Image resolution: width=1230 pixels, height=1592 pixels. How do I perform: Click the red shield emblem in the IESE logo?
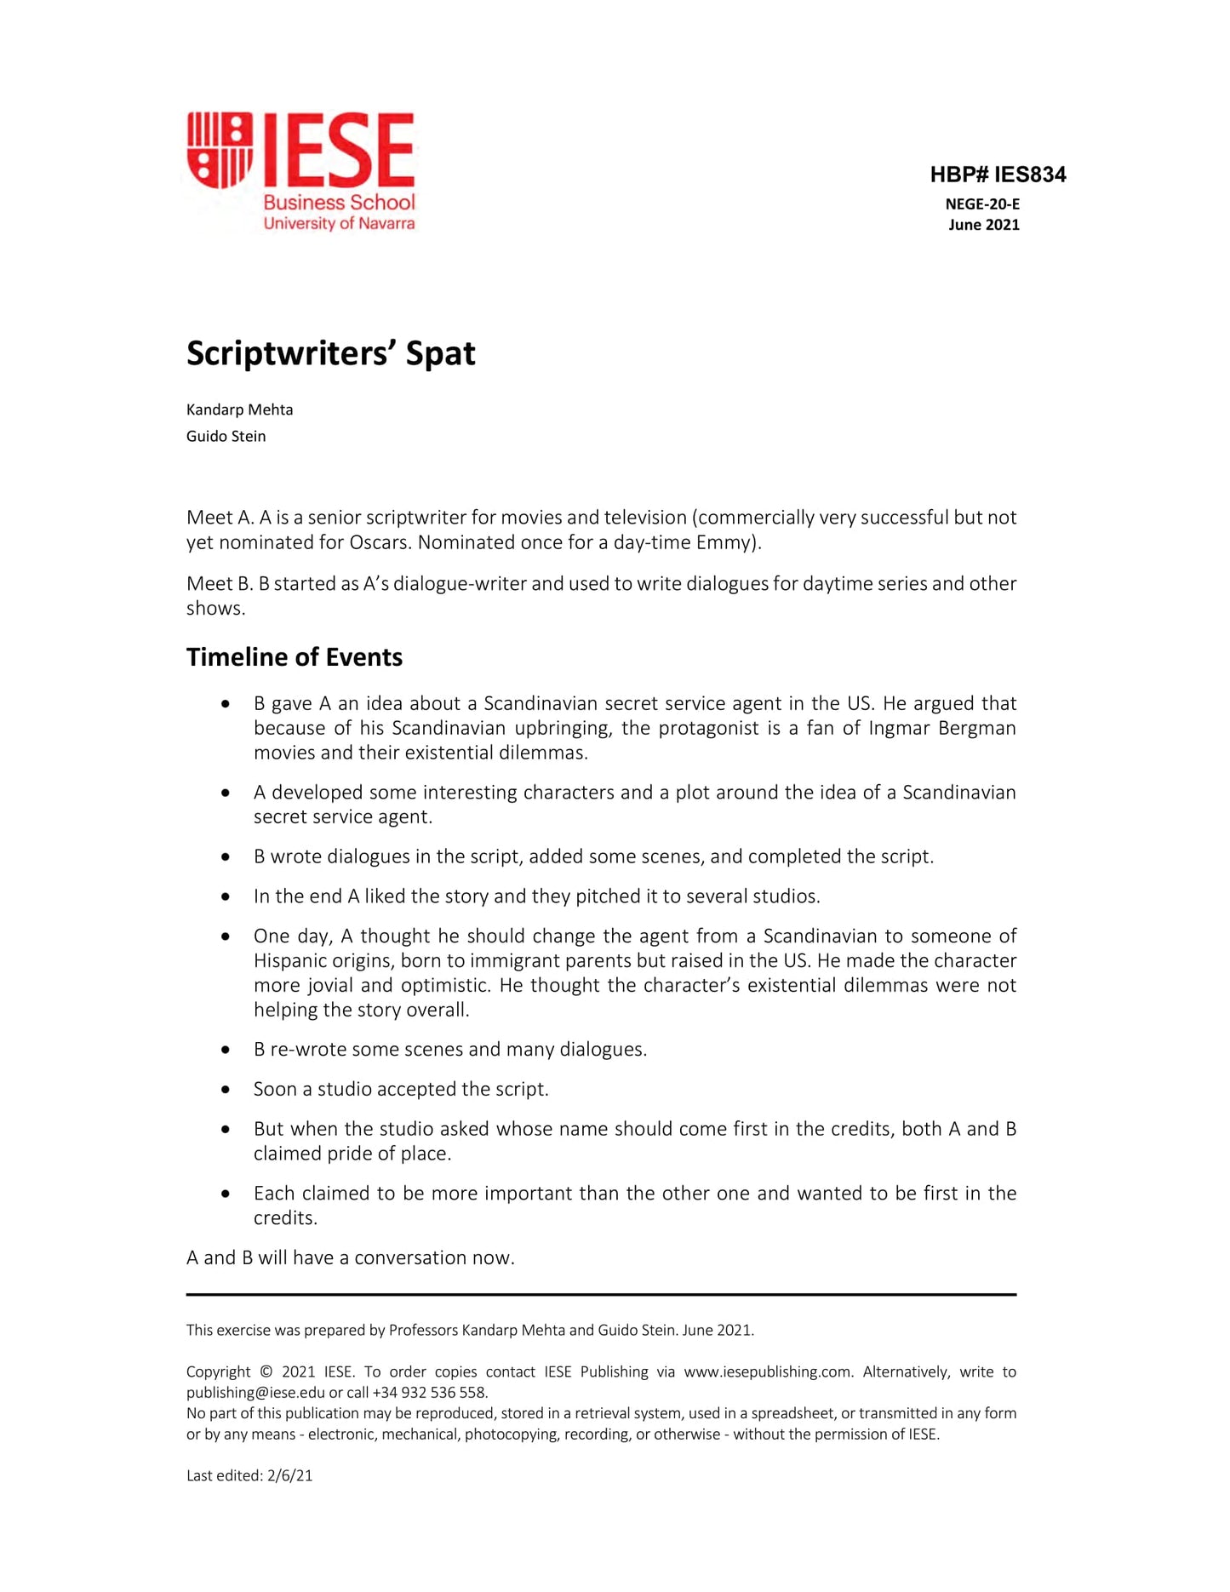(220, 150)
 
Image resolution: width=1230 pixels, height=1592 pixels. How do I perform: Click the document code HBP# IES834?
(997, 175)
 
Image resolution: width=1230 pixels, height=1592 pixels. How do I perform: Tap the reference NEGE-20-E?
(981, 204)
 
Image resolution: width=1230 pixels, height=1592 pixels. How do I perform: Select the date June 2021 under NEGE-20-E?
(983, 225)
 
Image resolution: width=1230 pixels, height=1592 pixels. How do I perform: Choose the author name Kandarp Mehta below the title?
(239, 409)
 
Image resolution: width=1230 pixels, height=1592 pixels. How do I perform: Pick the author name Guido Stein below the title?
(226, 436)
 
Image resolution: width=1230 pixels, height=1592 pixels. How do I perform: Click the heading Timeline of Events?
(294, 657)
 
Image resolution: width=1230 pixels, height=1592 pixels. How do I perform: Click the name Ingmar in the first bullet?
(900, 728)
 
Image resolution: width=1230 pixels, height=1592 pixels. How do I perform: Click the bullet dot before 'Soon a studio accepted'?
(226, 1090)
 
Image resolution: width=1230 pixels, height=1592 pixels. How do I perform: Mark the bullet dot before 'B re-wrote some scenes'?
(226, 1050)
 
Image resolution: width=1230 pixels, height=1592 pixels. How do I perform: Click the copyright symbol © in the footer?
(266, 1372)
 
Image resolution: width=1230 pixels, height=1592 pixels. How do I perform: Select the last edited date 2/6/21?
(289, 1475)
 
